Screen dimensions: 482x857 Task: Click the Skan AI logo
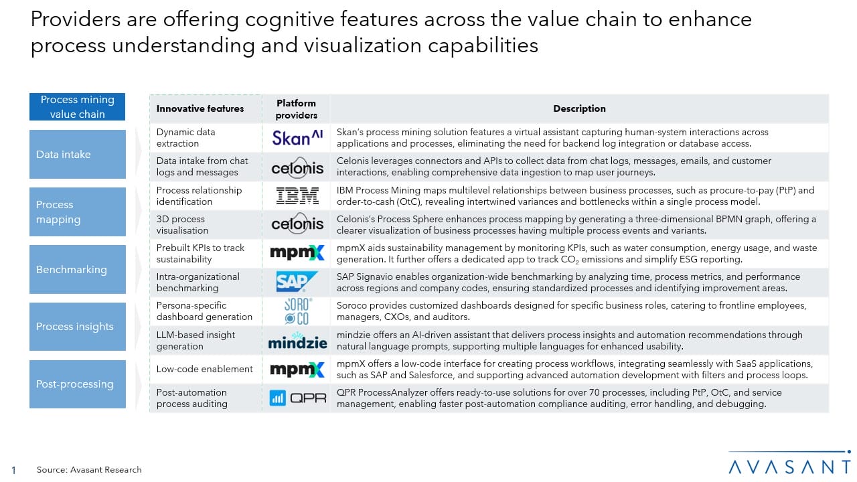[x=297, y=138]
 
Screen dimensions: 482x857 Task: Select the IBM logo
[x=297, y=196]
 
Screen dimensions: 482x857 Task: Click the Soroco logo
[x=297, y=311]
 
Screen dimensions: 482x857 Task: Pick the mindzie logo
[x=297, y=342]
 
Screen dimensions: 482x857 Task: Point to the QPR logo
[x=297, y=398]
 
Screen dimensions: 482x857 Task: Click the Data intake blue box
[x=78, y=154]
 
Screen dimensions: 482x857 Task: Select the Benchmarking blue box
[x=78, y=269]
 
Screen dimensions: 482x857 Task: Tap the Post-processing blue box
[x=78, y=384]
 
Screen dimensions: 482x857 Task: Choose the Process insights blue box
[x=78, y=327]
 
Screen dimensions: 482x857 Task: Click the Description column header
[x=579, y=108]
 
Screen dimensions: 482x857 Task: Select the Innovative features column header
[x=200, y=108]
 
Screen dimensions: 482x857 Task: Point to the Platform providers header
[x=296, y=109]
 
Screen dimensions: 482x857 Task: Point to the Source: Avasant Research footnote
[x=89, y=470]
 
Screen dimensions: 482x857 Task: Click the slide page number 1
[x=14, y=470]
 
